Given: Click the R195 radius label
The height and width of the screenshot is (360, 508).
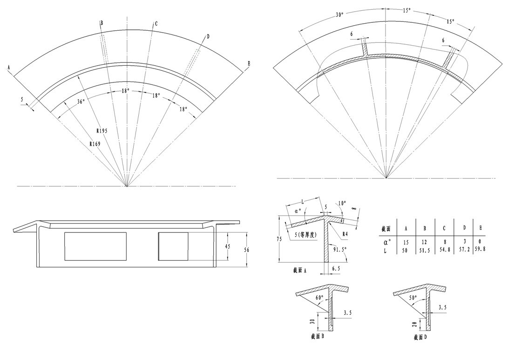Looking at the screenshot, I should [102, 130].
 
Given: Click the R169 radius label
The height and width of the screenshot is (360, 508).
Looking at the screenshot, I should [95, 144].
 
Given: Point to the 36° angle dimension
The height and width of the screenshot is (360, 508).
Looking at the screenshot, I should [81, 101].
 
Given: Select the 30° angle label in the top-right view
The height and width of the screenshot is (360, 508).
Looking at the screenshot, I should [339, 15].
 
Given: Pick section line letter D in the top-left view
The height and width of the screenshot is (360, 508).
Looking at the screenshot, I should [208, 36].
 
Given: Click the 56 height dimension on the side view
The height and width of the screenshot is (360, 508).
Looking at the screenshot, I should [246, 250].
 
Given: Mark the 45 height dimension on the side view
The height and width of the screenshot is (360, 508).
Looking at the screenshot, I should [227, 246].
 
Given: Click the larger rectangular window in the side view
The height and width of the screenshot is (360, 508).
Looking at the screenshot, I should [95, 246].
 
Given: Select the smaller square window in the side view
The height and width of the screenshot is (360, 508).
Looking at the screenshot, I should [173, 246].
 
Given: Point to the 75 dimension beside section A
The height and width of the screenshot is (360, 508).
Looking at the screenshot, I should [278, 239].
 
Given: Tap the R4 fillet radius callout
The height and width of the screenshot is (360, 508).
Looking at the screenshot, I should [345, 233].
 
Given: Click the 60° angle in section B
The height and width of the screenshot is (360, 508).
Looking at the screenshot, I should [319, 298].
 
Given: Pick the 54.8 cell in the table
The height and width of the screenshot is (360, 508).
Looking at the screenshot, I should [444, 251].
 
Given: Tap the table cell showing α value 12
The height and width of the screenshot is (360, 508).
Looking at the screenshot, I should [425, 242].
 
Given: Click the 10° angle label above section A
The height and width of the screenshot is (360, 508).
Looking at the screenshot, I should [342, 204].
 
